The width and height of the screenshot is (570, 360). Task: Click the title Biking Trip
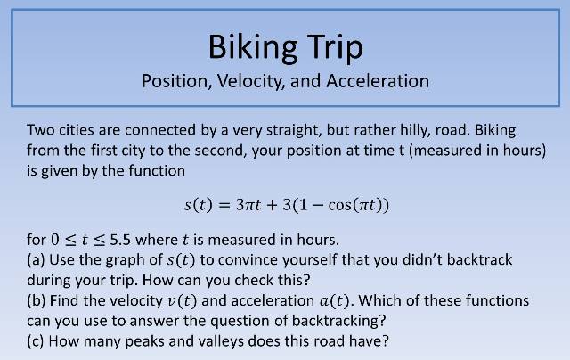(x=285, y=45)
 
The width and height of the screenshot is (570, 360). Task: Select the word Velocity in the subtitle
(x=245, y=81)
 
